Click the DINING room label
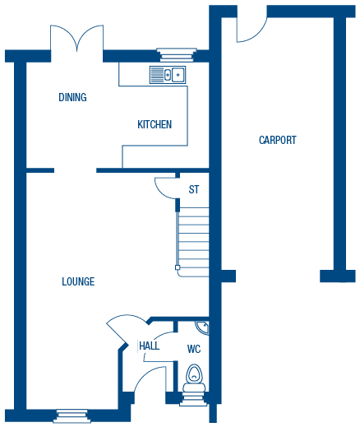pyautogui.click(x=72, y=97)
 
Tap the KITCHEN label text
pyautogui.click(x=155, y=124)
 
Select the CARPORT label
pyautogui.click(x=278, y=140)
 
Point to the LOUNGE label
pyautogui.click(x=78, y=281)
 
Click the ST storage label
pyautogui.click(x=194, y=189)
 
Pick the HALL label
pyautogui.click(x=150, y=346)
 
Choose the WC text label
pyautogui.click(x=194, y=349)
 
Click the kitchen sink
pyautogui.click(x=168, y=75)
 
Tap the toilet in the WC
pyautogui.click(x=194, y=378)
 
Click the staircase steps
pyautogui.click(x=194, y=242)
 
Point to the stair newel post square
pyautogui.click(x=178, y=267)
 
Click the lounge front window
pyautogui.click(x=72, y=416)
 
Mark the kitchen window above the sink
pyautogui.click(x=177, y=55)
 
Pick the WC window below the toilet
pyautogui.click(x=193, y=399)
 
